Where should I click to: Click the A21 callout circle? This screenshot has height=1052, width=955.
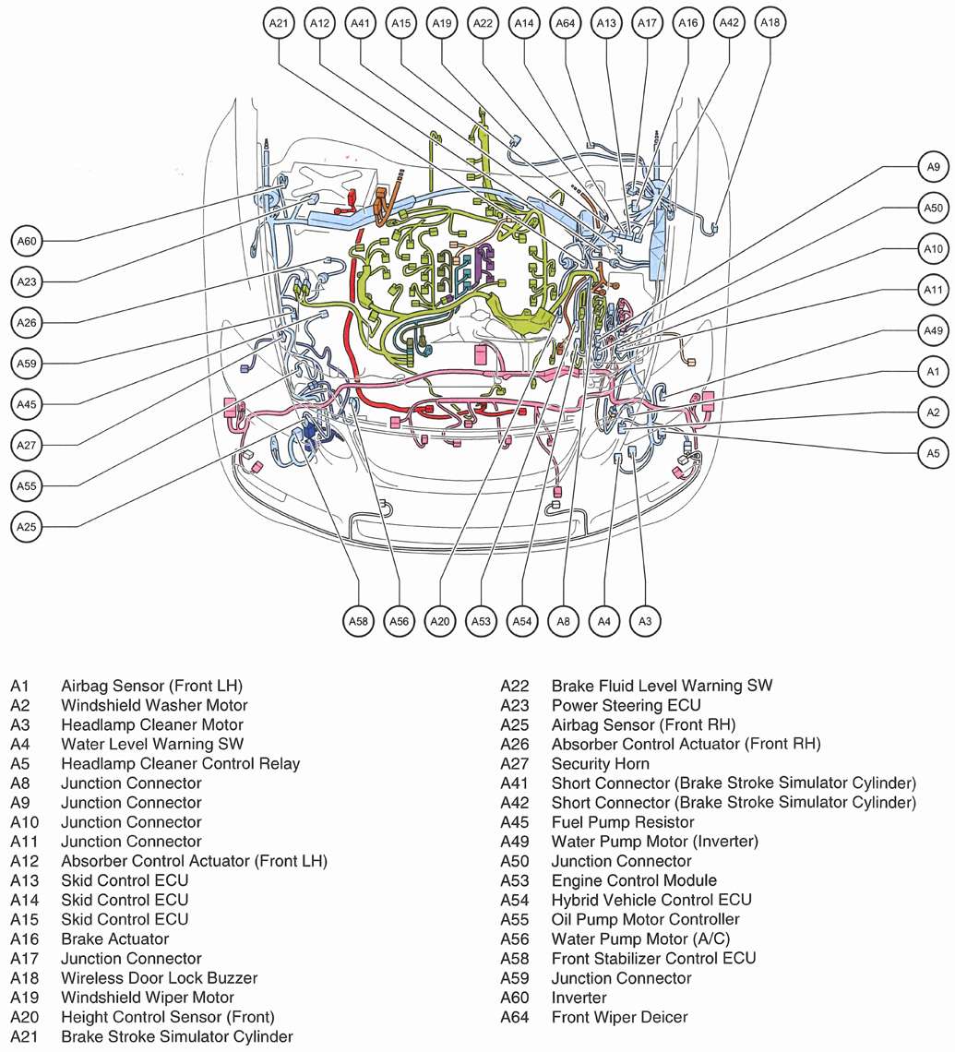click(280, 23)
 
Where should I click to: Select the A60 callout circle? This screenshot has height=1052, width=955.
click(28, 242)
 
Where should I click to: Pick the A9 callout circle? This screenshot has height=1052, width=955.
click(932, 167)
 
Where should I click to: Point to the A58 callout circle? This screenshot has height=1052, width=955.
click(358, 622)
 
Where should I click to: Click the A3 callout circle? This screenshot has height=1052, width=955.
click(645, 622)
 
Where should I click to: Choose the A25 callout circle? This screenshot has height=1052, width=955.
click(28, 527)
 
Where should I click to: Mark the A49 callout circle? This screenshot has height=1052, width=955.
click(932, 330)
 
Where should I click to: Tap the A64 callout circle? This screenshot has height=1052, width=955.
click(565, 23)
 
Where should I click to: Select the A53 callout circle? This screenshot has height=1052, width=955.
click(481, 622)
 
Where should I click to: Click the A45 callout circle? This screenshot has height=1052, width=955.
click(28, 403)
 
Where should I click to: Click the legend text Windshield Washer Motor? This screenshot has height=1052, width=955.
click(153, 705)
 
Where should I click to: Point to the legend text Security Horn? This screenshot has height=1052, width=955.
click(600, 763)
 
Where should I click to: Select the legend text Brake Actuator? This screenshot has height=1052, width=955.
click(114, 938)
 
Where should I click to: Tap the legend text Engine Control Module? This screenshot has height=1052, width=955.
click(634, 879)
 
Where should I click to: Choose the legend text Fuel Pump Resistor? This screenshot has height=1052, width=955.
click(623, 821)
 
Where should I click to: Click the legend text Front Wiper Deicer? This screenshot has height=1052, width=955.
click(619, 1017)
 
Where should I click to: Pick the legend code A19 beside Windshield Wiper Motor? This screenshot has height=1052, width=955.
click(22, 997)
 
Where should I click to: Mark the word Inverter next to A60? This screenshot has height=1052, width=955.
click(579, 998)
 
